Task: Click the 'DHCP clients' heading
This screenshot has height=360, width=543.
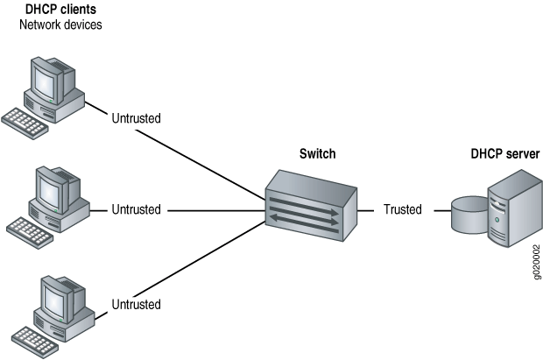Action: coord(60,10)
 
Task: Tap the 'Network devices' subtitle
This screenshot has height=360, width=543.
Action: coord(60,25)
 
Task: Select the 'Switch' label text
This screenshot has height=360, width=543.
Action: coord(317,154)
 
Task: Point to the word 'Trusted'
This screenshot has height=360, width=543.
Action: coord(402,210)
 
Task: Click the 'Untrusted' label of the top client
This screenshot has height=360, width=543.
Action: coord(137,117)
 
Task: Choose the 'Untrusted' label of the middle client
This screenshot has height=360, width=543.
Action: coord(137,210)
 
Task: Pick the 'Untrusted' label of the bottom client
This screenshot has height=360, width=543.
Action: coord(137,304)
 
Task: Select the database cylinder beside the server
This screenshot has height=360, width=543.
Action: coord(469,215)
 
